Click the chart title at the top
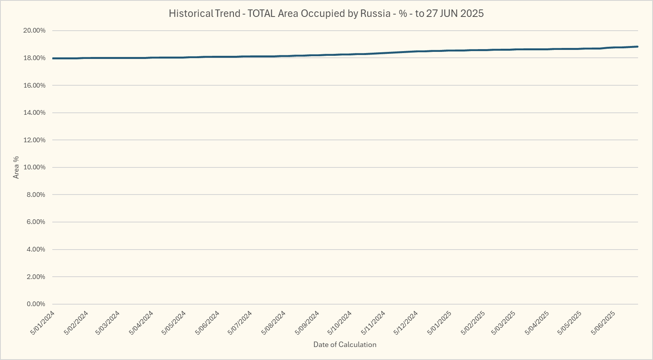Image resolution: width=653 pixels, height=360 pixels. (x=326, y=13)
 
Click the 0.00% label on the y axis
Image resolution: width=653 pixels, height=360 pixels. (x=36, y=304)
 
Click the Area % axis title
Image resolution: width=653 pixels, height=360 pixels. (x=16, y=167)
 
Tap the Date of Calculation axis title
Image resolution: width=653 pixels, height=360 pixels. (x=345, y=345)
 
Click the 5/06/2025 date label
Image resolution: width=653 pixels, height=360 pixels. (x=603, y=323)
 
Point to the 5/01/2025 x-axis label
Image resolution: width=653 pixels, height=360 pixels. (x=439, y=323)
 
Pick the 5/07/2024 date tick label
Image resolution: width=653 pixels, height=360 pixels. (x=240, y=323)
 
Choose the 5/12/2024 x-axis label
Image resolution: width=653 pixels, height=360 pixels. (x=406, y=323)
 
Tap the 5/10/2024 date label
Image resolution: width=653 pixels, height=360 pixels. (x=340, y=323)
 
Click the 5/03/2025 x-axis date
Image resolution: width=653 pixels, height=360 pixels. (x=503, y=323)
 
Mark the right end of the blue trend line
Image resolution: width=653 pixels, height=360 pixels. (x=637, y=47)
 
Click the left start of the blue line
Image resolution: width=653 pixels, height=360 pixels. (x=53, y=59)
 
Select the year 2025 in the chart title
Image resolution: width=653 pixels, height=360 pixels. (x=472, y=13)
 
